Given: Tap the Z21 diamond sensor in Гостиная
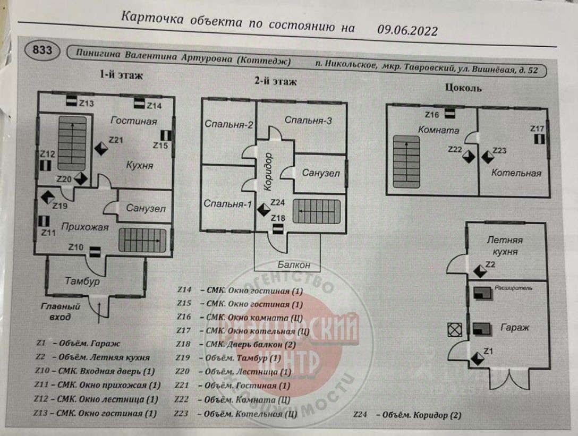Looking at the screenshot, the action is pyautogui.click(x=101, y=148).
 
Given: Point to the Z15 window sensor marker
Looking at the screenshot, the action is pyautogui.click(x=166, y=137).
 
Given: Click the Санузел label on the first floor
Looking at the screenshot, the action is pyautogui.click(x=146, y=208).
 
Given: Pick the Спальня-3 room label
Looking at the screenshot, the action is pyautogui.click(x=308, y=121).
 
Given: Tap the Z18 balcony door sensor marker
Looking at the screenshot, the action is pyautogui.click(x=278, y=228).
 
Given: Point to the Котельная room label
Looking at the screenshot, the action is pyautogui.click(x=516, y=173).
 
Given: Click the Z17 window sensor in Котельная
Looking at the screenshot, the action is pyautogui.click(x=539, y=139).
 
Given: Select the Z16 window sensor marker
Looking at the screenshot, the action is pyautogui.click(x=449, y=113).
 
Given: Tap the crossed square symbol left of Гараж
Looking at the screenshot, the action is pyautogui.click(x=454, y=330).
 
